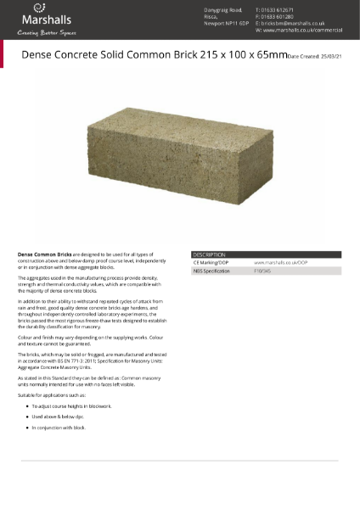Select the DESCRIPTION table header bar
pos(266,255)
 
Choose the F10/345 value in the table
pos(263,271)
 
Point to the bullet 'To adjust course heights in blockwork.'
pos(71,406)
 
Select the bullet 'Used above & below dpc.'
pos(58,417)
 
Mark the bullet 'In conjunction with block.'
pos(59,428)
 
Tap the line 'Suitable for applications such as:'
pos(53,395)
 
